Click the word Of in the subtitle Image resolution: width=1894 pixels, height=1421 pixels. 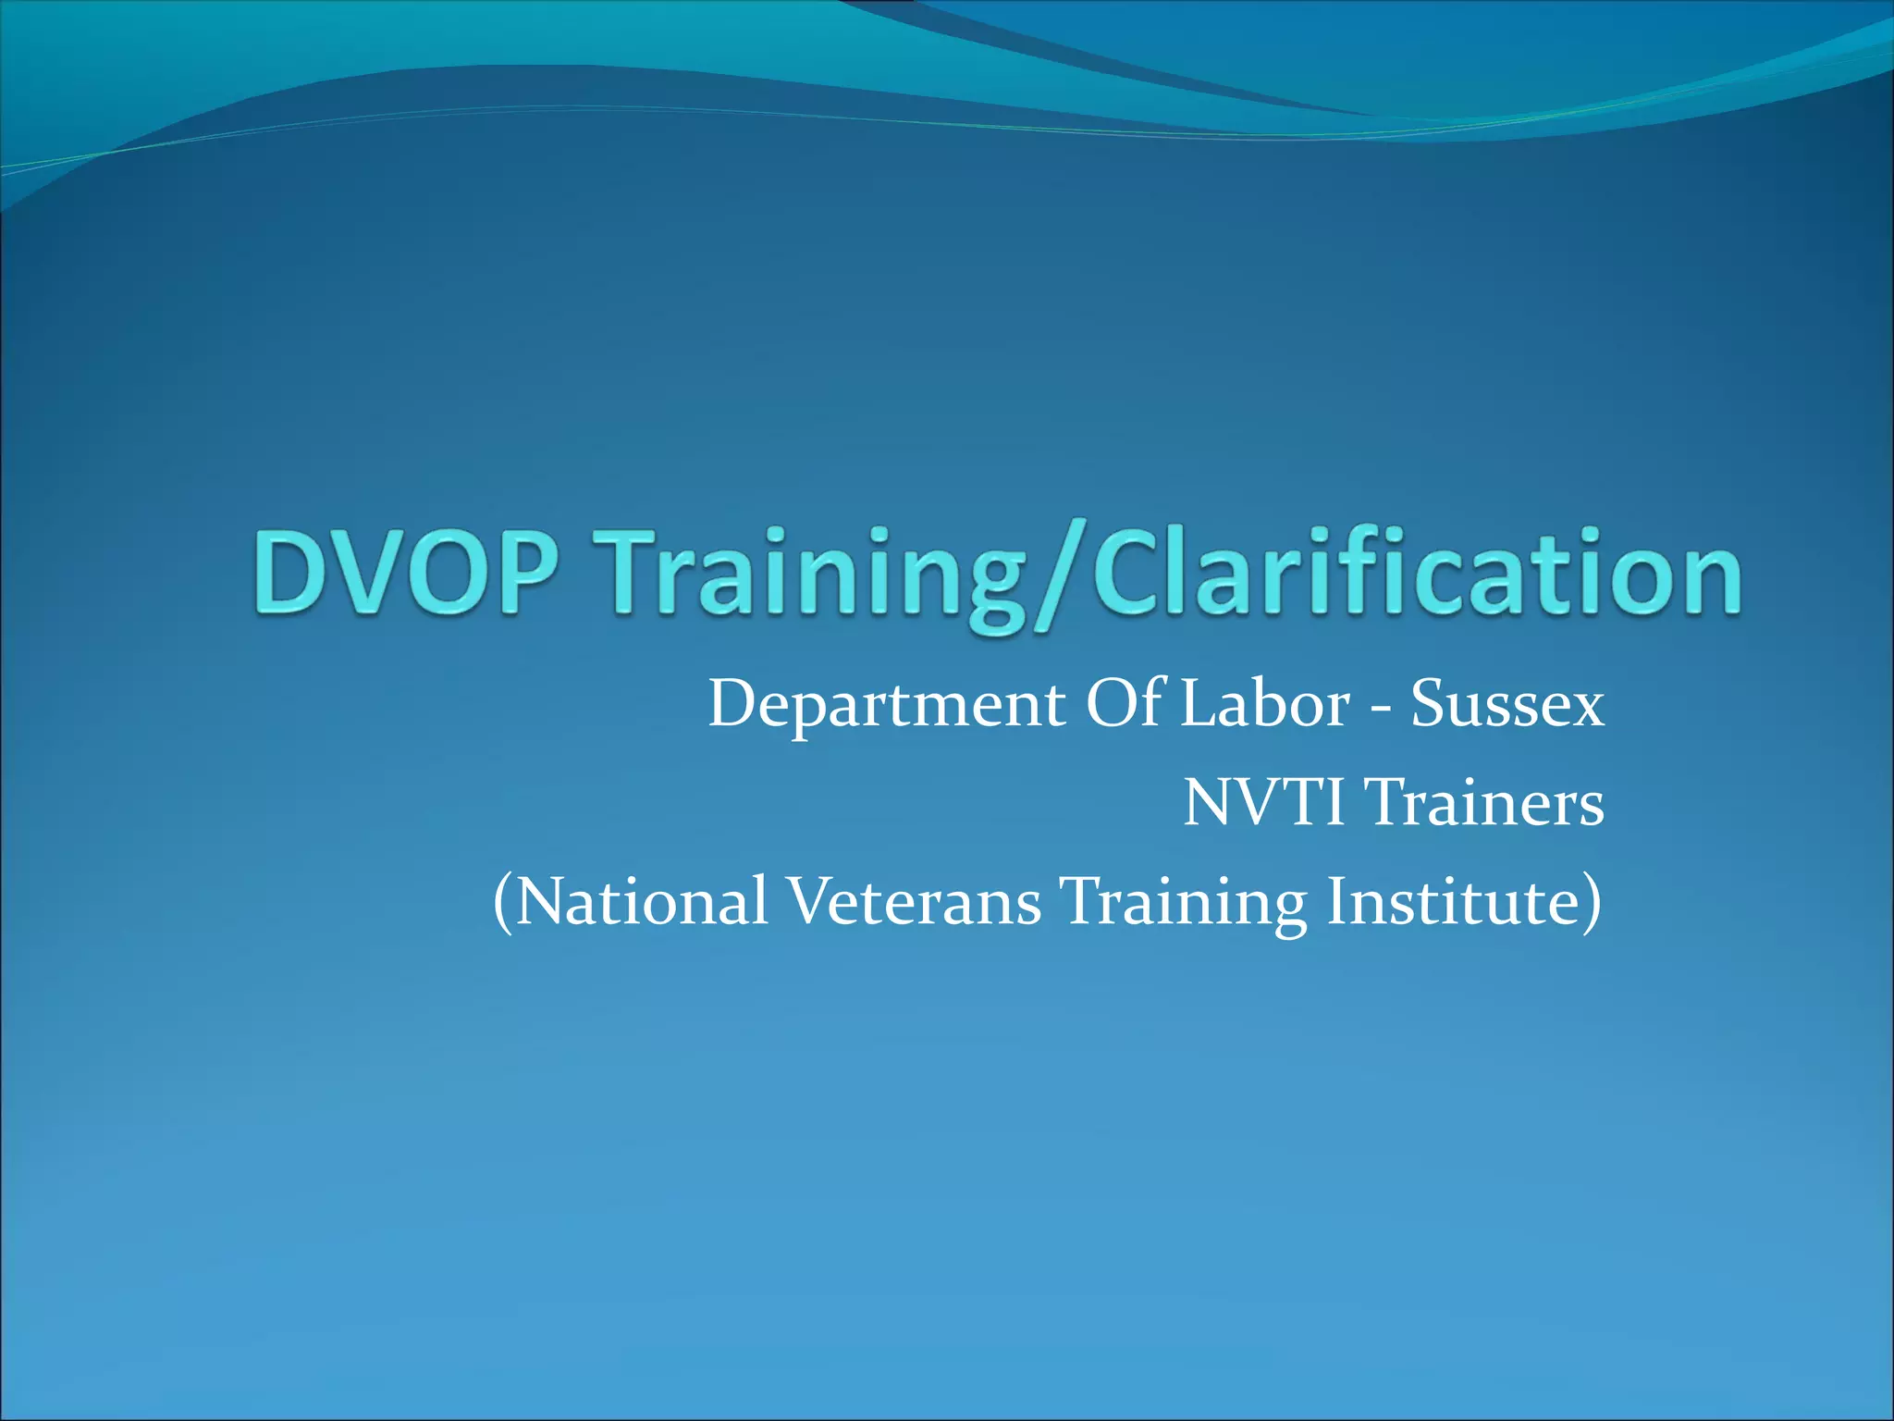(1126, 704)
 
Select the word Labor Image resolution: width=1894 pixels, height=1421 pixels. (1265, 704)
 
